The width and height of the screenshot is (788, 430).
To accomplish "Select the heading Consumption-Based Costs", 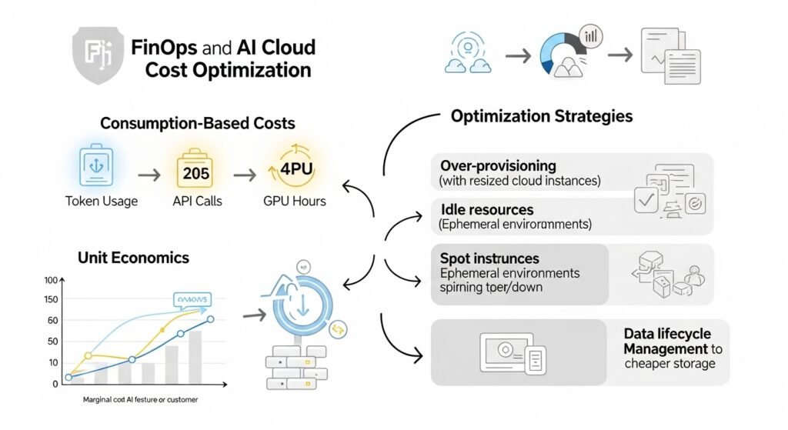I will [198, 123].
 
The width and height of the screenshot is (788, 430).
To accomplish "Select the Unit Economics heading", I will [133, 258].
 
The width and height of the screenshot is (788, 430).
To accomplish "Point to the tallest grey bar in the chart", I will [195, 356].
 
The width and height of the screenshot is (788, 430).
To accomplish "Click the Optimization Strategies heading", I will [542, 117].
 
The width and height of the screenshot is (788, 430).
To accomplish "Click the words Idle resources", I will [486, 210].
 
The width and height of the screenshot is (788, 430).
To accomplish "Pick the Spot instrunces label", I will [489, 258].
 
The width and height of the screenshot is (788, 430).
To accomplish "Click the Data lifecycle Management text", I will [667, 342].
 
